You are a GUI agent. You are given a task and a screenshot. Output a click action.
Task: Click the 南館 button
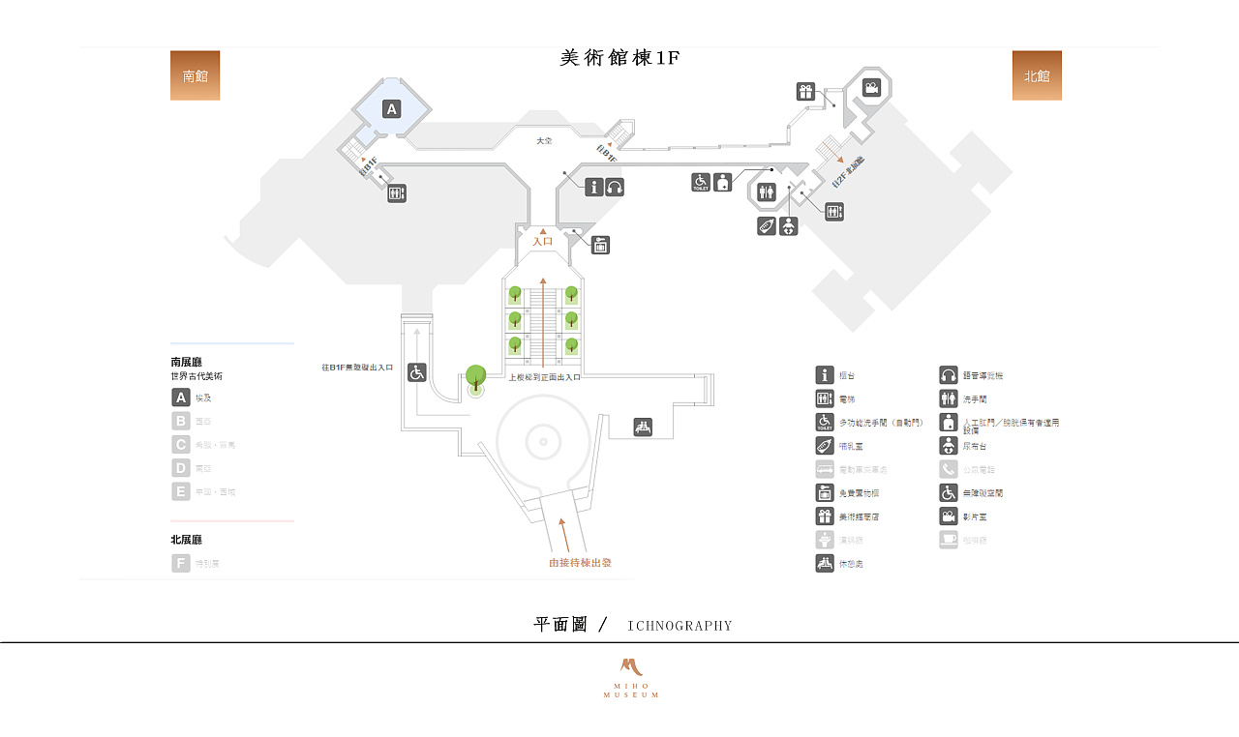195,75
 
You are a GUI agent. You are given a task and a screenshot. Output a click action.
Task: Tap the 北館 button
1037,75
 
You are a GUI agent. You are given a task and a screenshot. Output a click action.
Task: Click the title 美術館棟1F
619,58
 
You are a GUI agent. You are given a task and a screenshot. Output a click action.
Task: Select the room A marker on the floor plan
392,108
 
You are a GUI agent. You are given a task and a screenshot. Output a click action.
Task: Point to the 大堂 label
544,141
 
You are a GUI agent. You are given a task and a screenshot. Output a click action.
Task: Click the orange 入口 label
542,241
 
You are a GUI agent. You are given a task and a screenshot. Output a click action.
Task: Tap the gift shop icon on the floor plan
805,92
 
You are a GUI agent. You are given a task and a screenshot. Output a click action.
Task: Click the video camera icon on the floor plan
872,88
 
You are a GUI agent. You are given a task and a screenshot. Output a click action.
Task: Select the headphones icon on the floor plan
615,187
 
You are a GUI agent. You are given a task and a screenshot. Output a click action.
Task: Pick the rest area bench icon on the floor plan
643,427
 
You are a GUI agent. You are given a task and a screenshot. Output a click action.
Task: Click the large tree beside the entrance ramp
475,377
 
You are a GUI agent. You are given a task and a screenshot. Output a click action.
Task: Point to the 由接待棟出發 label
580,562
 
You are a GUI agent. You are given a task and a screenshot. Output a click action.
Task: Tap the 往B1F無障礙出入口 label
358,368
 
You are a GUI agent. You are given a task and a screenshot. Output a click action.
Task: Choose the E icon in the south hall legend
181,491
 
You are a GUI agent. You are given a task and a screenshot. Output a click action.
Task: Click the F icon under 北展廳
181,563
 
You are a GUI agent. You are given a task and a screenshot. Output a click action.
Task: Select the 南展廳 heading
186,362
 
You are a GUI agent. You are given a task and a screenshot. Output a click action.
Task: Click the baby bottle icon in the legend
825,446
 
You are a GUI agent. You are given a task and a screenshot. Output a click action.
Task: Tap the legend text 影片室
975,516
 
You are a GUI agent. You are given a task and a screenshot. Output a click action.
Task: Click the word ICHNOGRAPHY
680,626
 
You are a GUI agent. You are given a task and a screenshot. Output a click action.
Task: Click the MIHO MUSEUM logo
631,678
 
